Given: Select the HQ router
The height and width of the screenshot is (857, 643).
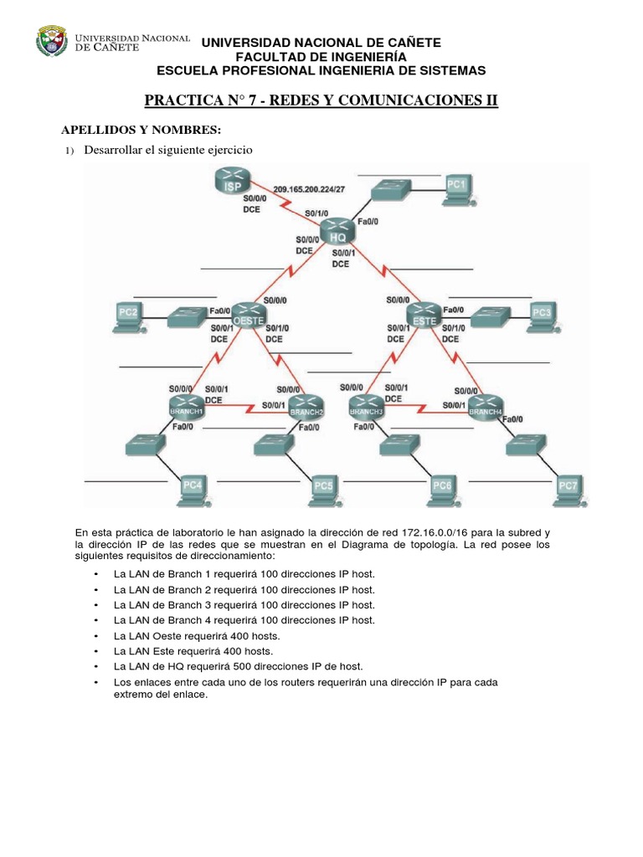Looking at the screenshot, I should tap(338, 230).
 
